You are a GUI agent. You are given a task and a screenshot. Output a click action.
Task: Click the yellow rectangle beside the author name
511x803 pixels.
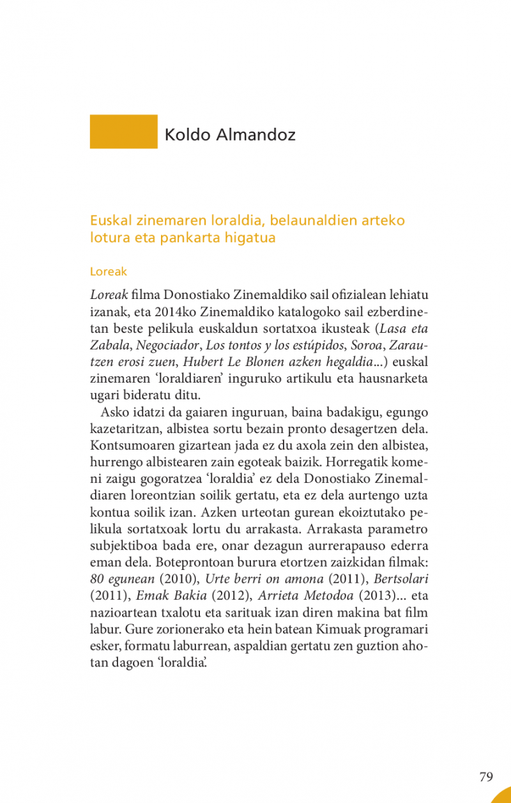click(x=123, y=132)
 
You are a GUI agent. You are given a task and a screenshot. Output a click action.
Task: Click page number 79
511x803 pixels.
click(x=486, y=777)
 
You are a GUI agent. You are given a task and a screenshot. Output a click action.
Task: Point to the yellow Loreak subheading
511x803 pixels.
click(x=109, y=271)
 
